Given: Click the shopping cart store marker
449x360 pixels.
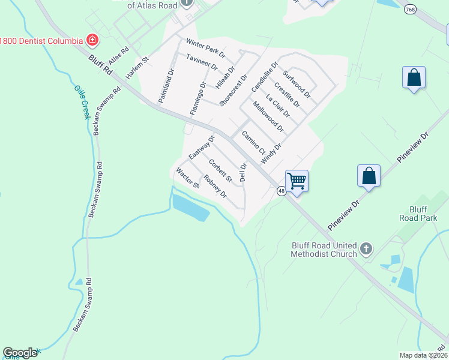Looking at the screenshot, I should [x=297, y=181].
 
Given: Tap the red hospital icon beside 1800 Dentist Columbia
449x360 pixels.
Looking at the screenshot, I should [x=92, y=40].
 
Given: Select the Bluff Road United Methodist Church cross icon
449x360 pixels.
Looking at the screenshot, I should [x=366, y=248].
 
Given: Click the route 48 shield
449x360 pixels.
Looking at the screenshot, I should [x=281, y=191].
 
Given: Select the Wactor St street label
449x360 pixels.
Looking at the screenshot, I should [x=187, y=178].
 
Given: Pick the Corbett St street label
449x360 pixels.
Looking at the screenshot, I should [x=220, y=170].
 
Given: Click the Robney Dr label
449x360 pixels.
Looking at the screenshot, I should [x=215, y=186].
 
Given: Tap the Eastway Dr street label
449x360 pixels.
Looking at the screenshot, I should [x=202, y=148].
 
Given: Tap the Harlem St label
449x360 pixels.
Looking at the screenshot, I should [x=137, y=68].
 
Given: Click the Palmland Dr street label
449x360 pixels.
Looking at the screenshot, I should [x=166, y=86].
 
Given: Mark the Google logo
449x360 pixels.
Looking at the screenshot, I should [x=20, y=353].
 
